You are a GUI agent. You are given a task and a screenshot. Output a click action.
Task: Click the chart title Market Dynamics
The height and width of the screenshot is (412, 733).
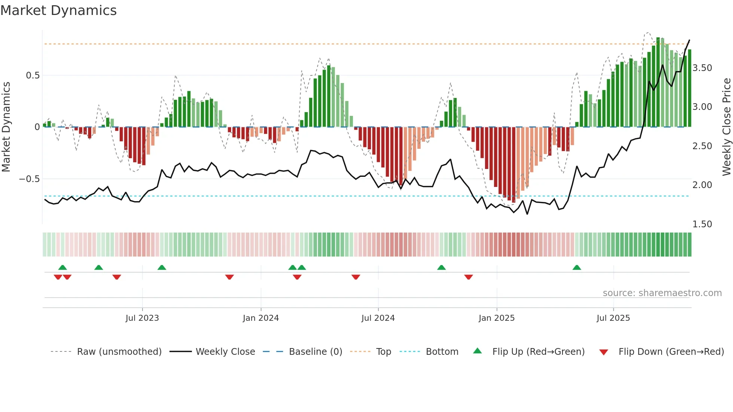point(58,10)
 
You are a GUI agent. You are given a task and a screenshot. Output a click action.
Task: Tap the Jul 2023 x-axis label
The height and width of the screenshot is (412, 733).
point(142,318)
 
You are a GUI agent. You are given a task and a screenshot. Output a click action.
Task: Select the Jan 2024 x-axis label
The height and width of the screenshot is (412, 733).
point(261,318)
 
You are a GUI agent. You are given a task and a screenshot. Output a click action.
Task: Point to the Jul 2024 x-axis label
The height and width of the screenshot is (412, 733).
point(378,318)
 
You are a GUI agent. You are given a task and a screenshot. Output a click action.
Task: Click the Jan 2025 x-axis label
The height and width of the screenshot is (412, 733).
point(496,318)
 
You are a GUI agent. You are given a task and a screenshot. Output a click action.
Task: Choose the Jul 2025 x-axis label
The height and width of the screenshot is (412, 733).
point(613,318)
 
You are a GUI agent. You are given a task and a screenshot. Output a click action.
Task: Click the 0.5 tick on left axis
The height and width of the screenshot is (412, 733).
point(33,76)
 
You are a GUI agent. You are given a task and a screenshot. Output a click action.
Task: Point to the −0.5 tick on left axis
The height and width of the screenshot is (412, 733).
point(29,179)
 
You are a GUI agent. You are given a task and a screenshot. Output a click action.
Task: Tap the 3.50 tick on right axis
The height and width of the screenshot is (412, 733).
point(702,68)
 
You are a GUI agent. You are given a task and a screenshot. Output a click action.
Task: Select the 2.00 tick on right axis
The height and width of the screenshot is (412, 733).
point(702,185)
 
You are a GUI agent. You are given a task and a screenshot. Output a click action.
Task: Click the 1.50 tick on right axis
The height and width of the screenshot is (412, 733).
point(702,224)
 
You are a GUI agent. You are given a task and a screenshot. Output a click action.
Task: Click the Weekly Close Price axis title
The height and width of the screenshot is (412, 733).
point(726,127)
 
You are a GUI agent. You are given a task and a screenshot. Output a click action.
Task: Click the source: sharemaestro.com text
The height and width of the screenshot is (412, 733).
point(662,293)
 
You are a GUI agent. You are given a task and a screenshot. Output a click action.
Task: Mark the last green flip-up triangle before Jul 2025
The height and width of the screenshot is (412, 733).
point(577,268)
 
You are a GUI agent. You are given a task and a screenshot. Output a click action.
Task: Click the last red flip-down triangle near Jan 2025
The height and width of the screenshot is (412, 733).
point(469,277)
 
